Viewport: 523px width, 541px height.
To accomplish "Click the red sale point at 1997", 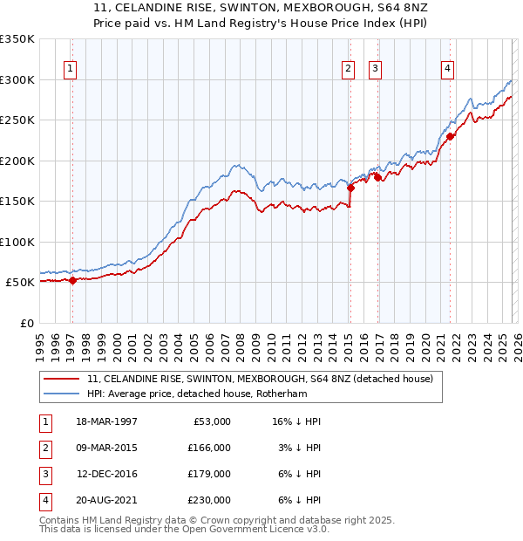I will tap(72, 280).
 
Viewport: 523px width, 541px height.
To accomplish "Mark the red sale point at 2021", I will tap(451, 136).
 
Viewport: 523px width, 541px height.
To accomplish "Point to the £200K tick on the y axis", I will tap(17, 161).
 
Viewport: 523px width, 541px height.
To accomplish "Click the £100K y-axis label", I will tap(17, 242).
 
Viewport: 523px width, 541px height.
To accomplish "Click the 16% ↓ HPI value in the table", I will tap(296, 421).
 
